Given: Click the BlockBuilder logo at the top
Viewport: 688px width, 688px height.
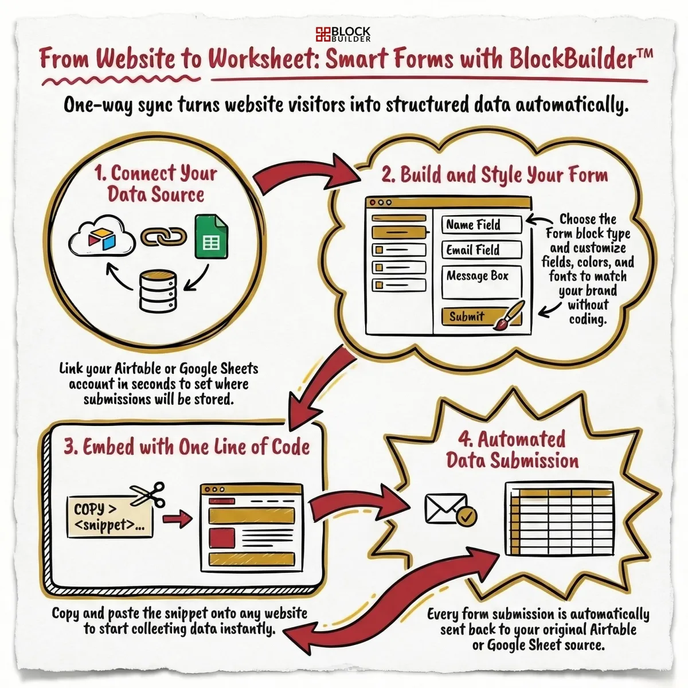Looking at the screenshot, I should (x=343, y=34).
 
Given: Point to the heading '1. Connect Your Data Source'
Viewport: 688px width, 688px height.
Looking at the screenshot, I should (x=156, y=183).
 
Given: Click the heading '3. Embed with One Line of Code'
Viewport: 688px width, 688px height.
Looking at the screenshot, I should (x=186, y=447).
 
